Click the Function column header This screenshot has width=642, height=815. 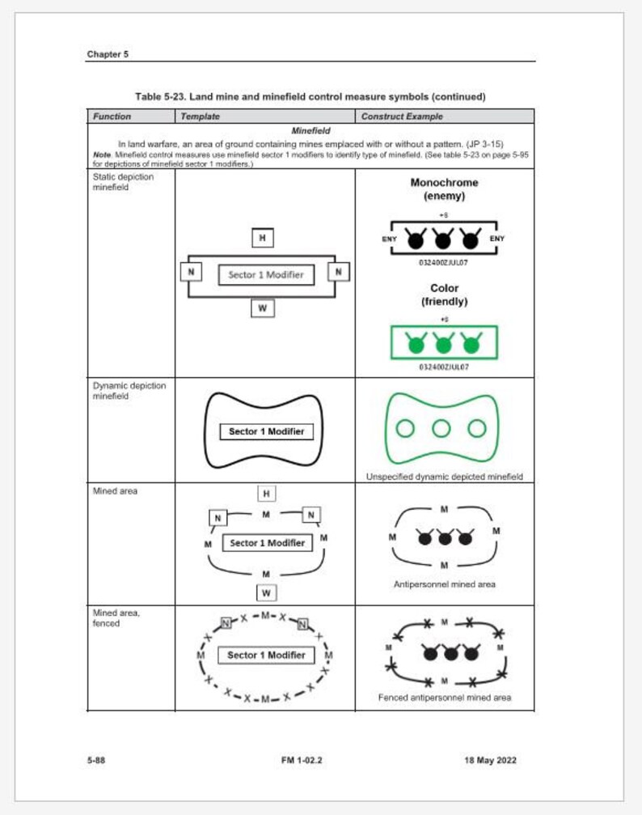(x=112, y=117)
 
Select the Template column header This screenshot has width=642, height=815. (x=200, y=117)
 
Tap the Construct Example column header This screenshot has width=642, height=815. (x=402, y=117)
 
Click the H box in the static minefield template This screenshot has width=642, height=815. (x=262, y=238)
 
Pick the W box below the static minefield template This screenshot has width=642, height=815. (x=262, y=308)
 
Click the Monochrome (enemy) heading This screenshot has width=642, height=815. (x=444, y=189)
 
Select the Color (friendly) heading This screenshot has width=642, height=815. (x=444, y=295)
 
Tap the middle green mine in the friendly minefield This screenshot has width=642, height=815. (x=444, y=344)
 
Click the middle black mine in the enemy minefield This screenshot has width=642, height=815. (x=444, y=240)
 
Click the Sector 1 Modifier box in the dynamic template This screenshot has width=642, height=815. (x=266, y=431)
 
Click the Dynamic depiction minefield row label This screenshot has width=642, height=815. (x=129, y=391)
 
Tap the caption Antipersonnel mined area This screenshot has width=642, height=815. (x=444, y=584)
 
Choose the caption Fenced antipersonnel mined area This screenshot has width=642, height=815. (x=444, y=697)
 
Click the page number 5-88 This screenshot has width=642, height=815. (x=95, y=760)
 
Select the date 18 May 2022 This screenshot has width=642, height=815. (x=490, y=760)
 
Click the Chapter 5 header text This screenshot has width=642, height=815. (x=108, y=54)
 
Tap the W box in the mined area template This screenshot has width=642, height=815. (x=265, y=594)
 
